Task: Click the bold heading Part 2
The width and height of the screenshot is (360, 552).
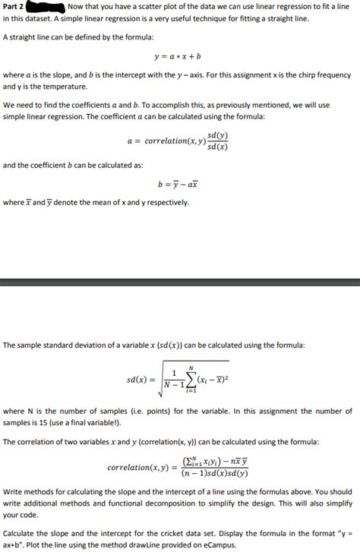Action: (x=13, y=7)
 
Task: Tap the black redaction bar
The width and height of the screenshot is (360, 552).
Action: (x=51, y=7)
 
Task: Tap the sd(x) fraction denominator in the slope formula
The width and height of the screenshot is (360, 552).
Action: (x=217, y=146)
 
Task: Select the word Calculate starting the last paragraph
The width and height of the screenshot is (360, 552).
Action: (x=21, y=534)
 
